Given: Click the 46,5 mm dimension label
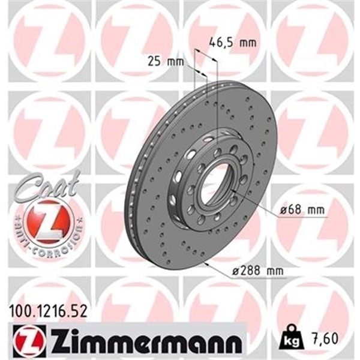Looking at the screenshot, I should coord(232,43).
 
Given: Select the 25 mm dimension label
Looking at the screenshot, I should coord(164,61).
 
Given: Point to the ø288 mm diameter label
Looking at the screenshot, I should coord(257,271).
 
